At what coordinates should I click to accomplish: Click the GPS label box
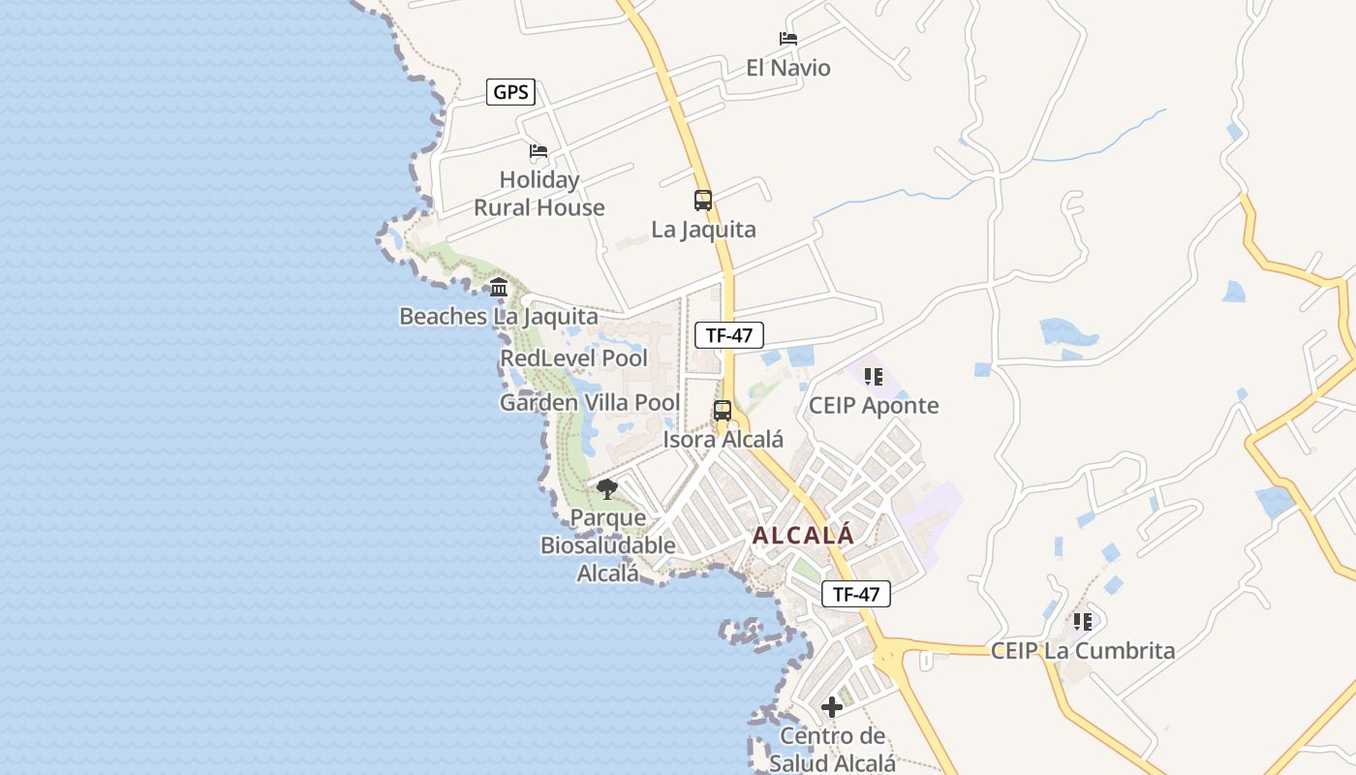(510, 92)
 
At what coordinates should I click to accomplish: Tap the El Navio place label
(787, 68)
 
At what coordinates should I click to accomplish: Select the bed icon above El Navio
(788, 39)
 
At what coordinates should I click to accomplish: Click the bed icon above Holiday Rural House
(539, 151)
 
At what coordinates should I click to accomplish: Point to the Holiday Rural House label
(539, 193)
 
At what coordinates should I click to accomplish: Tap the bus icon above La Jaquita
(703, 201)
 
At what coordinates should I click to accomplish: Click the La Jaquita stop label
(703, 230)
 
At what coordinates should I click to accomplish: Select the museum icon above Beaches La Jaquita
(499, 287)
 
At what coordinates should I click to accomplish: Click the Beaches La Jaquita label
(498, 316)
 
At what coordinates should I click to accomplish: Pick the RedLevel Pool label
(573, 358)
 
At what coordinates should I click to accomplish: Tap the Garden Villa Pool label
(589, 403)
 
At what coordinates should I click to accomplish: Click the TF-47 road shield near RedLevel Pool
(729, 335)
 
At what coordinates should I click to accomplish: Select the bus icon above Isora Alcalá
(723, 410)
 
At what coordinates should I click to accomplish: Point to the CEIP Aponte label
(874, 405)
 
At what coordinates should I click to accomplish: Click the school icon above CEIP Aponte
(873, 376)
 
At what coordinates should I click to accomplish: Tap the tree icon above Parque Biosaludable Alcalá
(607, 489)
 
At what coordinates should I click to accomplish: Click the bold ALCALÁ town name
(803, 535)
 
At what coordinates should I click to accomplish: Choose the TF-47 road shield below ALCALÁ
(855, 594)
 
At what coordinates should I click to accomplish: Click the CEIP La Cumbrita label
(1082, 651)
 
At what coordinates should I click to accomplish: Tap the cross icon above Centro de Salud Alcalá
(832, 707)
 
